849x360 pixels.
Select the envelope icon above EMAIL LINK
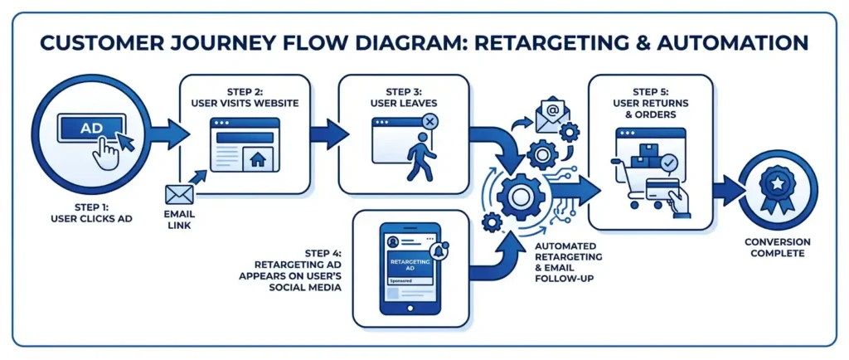(x=178, y=194)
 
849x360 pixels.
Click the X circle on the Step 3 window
(x=429, y=122)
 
